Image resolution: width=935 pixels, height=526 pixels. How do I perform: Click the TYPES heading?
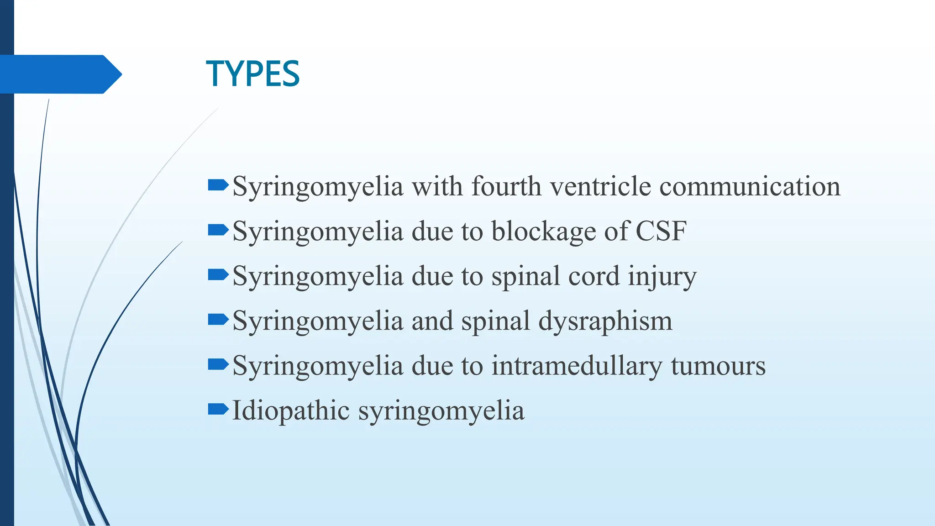(252, 74)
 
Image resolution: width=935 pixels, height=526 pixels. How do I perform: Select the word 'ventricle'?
(600, 186)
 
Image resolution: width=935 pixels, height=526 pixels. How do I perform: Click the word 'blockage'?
(543, 231)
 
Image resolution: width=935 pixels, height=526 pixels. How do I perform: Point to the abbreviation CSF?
(661, 231)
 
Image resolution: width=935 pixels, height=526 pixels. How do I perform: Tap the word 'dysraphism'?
(605, 321)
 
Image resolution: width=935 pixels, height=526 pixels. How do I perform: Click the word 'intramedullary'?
(576, 366)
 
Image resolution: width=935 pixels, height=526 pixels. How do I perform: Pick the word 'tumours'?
(718, 366)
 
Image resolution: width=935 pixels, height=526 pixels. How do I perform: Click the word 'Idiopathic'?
(291, 410)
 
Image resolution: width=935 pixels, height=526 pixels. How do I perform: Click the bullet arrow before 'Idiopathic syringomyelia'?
(218, 409)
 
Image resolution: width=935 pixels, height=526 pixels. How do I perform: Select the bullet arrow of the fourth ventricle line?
(218, 185)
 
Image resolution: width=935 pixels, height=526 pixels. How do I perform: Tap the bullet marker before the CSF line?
(218, 230)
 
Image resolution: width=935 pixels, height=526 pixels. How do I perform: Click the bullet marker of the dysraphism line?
(218, 319)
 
